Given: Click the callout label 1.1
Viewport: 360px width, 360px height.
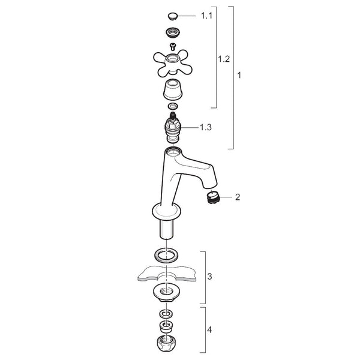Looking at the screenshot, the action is point(206,16).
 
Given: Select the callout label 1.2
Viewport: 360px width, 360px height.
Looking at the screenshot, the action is point(224,59).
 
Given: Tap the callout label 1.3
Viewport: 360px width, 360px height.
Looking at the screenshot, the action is point(206,127).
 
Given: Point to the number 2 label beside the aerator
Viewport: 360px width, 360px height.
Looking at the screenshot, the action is point(238,197).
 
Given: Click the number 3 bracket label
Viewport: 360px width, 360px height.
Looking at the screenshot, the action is point(209,277).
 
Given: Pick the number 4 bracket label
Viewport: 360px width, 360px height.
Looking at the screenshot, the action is point(209,330).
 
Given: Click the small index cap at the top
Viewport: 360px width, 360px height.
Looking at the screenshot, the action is point(173,16).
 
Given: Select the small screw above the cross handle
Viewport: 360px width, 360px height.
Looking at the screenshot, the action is point(172,47).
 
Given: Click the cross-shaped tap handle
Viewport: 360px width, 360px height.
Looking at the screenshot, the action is point(172,62).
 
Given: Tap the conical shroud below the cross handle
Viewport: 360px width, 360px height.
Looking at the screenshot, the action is point(173,89).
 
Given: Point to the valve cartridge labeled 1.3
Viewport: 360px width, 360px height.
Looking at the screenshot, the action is point(173,127).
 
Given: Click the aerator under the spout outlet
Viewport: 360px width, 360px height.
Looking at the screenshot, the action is point(214,197).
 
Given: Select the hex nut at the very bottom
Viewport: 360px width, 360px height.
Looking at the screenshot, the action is point(166,343).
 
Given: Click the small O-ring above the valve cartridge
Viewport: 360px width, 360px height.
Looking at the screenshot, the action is point(173,107).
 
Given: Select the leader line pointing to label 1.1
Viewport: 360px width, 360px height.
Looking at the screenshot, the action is point(187,16).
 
